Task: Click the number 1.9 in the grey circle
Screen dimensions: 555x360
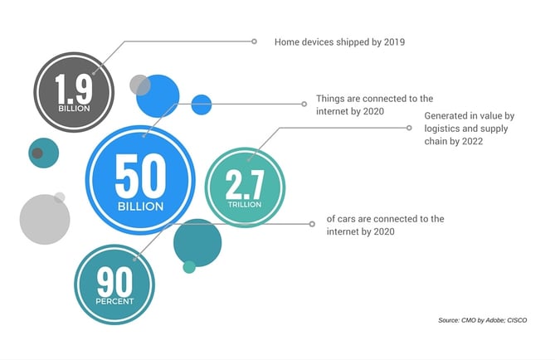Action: [x=74, y=89]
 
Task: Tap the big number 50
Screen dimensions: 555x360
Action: [x=140, y=177]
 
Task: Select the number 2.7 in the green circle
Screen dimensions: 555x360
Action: [x=245, y=184]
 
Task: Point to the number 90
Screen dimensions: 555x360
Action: [x=114, y=282]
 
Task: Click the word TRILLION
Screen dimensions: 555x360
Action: [x=245, y=205]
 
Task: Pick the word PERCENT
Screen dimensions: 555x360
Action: [x=114, y=302]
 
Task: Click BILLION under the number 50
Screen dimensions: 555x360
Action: [x=140, y=207]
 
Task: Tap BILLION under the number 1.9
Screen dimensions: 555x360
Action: [x=74, y=109]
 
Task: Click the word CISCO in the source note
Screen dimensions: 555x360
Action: [x=517, y=320]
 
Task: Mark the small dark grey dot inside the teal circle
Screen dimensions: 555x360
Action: [x=37, y=153]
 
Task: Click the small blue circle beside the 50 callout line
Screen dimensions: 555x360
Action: [x=202, y=105]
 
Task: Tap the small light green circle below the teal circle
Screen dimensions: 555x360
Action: [x=189, y=267]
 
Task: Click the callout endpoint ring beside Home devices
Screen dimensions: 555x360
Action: [x=254, y=41]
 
